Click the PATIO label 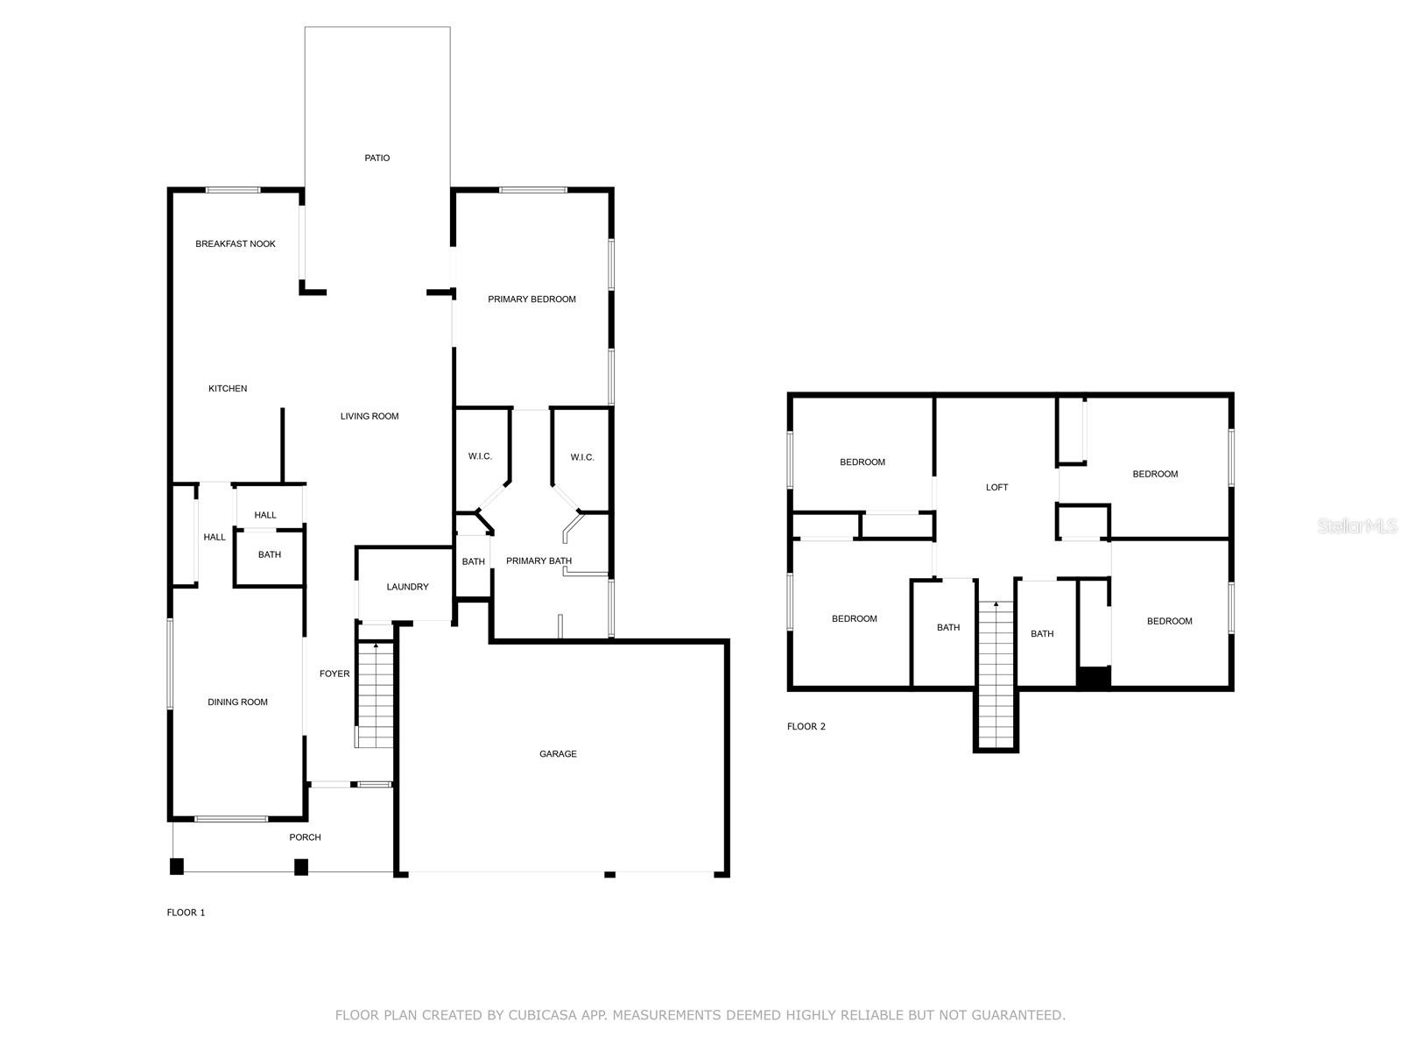(377, 158)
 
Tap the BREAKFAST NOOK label (235, 243)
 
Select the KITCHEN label (227, 389)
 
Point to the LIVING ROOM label (369, 416)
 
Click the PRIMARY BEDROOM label (532, 300)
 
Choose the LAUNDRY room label (407, 587)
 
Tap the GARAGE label (558, 753)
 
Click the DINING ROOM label (237, 702)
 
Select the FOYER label (334, 674)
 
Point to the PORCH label (305, 837)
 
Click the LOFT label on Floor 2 (996, 488)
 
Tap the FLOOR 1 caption (186, 913)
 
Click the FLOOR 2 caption (806, 726)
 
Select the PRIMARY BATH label (539, 561)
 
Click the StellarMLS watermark (1357, 526)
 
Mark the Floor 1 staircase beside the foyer (375, 695)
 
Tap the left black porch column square (177, 866)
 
